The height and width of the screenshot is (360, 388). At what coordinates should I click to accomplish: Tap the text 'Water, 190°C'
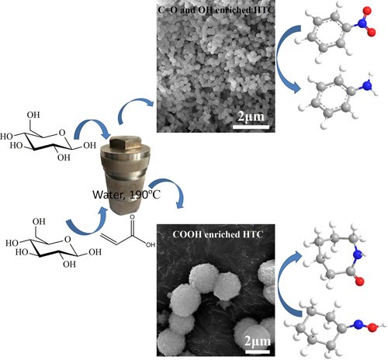[126, 195]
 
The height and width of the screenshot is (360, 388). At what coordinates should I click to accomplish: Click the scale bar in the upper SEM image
[251, 126]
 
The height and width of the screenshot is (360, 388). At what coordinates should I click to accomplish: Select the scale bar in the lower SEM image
[258, 351]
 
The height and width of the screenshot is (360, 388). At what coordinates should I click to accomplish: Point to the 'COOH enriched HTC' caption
[218, 234]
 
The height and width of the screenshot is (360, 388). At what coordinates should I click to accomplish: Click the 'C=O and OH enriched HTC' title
[216, 10]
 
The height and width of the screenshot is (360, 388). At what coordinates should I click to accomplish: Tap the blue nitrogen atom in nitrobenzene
[362, 23]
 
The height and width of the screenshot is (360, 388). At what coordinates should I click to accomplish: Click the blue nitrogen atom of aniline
[367, 85]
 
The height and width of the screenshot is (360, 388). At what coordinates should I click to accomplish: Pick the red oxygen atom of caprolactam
[359, 282]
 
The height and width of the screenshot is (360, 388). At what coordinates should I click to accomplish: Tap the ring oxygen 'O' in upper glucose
[62, 133]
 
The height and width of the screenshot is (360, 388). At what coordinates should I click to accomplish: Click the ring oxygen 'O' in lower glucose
[68, 240]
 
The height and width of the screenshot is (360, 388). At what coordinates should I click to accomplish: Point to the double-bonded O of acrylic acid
[132, 217]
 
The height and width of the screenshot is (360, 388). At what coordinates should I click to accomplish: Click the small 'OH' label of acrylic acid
[151, 244]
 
